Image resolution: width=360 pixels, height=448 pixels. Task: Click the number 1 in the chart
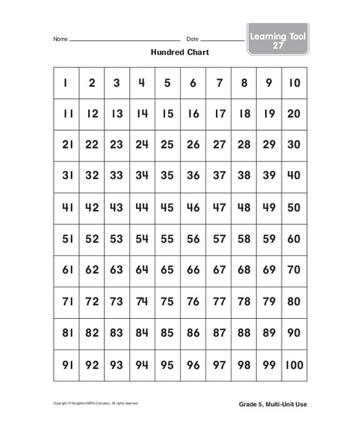pos(66,83)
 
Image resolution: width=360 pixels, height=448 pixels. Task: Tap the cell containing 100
pos(294,366)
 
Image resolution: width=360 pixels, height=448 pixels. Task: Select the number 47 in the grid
pos(219,208)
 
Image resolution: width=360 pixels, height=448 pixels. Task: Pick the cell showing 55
pos(167,240)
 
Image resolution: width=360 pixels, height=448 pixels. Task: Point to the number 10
pos(294,83)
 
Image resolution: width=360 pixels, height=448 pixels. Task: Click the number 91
pos(66,366)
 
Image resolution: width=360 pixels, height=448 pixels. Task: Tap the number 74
pos(142,302)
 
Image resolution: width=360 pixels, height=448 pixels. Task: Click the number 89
pos(269,334)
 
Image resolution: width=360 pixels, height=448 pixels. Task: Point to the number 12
pos(92,114)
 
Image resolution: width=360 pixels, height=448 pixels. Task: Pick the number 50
pos(294,208)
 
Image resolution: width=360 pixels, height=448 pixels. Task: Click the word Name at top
pos(60,39)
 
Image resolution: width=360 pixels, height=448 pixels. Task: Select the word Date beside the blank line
pos(192,39)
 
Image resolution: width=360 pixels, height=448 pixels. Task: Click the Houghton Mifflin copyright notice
pos(96,403)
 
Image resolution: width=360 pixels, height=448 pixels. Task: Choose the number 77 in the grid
pos(219,302)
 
